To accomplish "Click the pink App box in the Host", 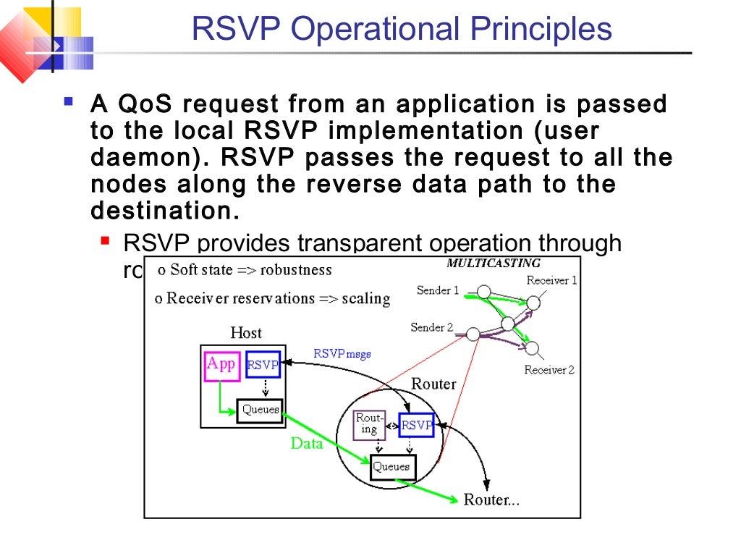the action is click(x=221, y=365).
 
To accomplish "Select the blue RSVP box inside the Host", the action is click(x=263, y=366).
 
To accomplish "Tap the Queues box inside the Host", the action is click(x=260, y=410).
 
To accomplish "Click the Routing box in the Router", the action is click(x=369, y=424).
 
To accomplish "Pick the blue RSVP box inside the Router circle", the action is click(x=417, y=425).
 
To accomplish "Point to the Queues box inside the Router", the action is click(x=391, y=467).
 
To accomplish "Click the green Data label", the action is click(x=307, y=443).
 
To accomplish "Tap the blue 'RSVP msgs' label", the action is click(x=342, y=354).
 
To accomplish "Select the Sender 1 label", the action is click(x=438, y=290).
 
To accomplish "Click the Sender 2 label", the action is click(x=431, y=327).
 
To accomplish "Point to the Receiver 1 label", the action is click(x=551, y=280).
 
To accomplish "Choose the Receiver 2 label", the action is click(x=549, y=370).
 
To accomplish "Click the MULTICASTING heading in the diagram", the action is click(x=494, y=264).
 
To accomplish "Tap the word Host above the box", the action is click(x=246, y=333).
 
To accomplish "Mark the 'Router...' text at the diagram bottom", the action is click(x=491, y=500).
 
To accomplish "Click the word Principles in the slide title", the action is click(x=541, y=29).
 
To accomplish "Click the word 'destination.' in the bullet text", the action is click(x=164, y=211).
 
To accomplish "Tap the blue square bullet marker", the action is click(x=69, y=101).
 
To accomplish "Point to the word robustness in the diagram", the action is click(x=296, y=270).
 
